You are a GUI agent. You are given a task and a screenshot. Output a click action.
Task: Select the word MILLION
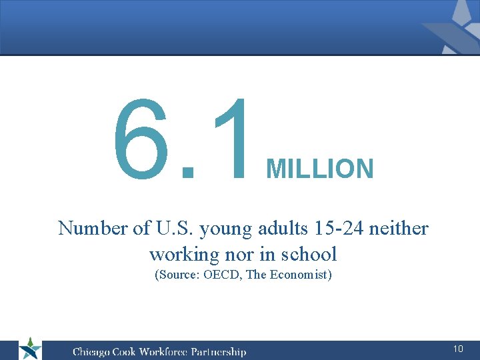click(320, 169)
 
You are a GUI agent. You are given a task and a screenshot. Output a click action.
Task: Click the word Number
click(93, 228)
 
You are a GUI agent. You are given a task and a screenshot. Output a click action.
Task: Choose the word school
click(307, 254)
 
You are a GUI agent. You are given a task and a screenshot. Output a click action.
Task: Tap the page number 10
click(458, 349)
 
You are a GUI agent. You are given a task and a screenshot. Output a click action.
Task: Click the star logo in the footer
click(29, 349)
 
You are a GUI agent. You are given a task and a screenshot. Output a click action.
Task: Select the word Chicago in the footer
click(92, 351)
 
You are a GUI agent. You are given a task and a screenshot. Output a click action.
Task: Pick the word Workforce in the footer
click(163, 351)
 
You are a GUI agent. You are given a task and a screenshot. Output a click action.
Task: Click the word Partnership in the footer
click(219, 351)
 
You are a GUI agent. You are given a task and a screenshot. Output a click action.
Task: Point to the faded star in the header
click(453, 27)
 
